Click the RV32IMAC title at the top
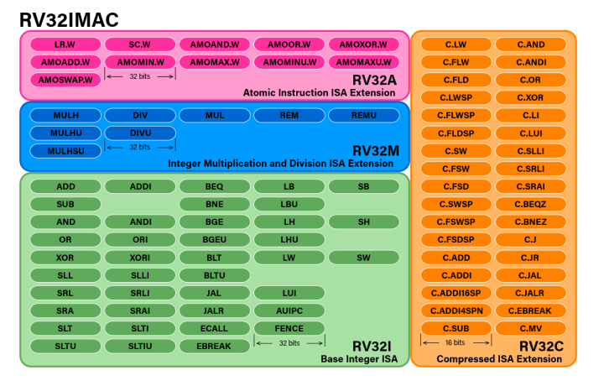click(x=69, y=18)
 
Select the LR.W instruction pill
click(x=65, y=44)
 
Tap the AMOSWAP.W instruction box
click(x=65, y=81)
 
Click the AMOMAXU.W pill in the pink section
click(x=363, y=62)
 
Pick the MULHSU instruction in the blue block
click(x=65, y=151)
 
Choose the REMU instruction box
click(x=363, y=116)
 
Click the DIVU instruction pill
click(x=140, y=133)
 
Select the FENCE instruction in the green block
click(x=289, y=328)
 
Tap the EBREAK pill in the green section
click(x=214, y=346)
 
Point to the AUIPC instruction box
click(x=289, y=310)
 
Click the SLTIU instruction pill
click(x=140, y=346)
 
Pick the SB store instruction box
click(x=363, y=186)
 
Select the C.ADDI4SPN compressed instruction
click(x=456, y=310)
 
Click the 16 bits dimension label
click(x=456, y=343)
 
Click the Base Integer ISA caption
click(x=359, y=359)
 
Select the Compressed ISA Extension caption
click(x=499, y=359)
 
